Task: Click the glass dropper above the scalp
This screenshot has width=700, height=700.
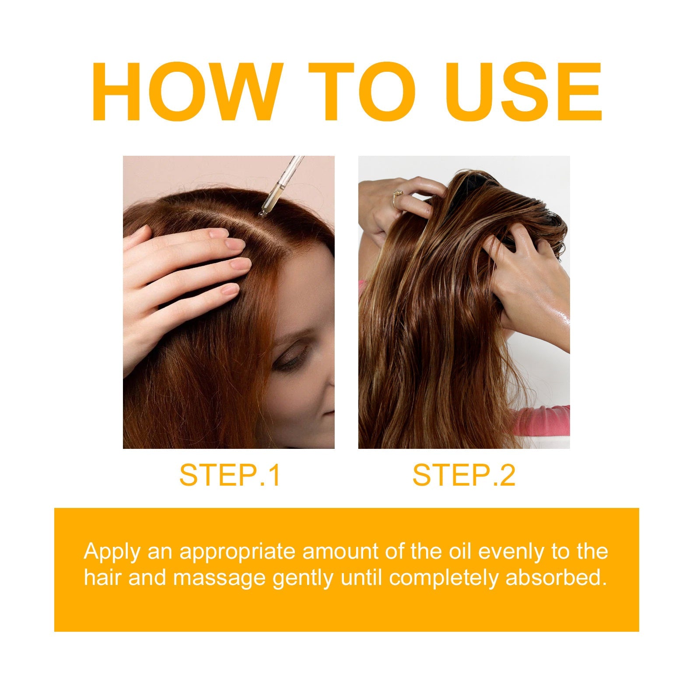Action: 280,186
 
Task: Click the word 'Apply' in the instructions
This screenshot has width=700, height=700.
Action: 112,552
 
